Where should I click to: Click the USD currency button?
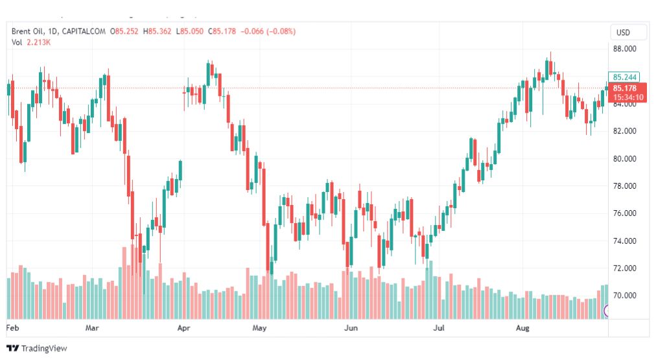pyautogui.click(x=623, y=32)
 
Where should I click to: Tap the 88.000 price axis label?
pyautogui.click(x=625, y=49)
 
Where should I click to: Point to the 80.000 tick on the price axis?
pyautogui.click(x=625, y=159)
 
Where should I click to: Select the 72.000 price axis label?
pyautogui.click(x=625, y=269)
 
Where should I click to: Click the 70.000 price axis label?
pyautogui.click(x=625, y=296)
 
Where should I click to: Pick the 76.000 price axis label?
pyautogui.click(x=625, y=213)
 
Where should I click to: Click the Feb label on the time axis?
pyautogui.click(x=12, y=328)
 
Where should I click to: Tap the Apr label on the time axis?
pyautogui.click(x=183, y=328)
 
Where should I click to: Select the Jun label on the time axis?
pyautogui.click(x=351, y=328)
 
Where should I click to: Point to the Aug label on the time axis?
pyautogui.click(x=522, y=328)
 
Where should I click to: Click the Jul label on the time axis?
pyautogui.click(x=439, y=328)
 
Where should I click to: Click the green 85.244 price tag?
pyautogui.click(x=624, y=77)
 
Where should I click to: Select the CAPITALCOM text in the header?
pyautogui.click(x=84, y=31)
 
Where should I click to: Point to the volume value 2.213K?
pyautogui.click(x=38, y=42)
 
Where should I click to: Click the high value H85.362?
pyautogui.click(x=157, y=31)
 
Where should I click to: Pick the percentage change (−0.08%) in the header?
pyautogui.click(x=281, y=31)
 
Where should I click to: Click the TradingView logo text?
pyautogui.click(x=44, y=348)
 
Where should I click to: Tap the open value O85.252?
pyautogui.click(x=124, y=31)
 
